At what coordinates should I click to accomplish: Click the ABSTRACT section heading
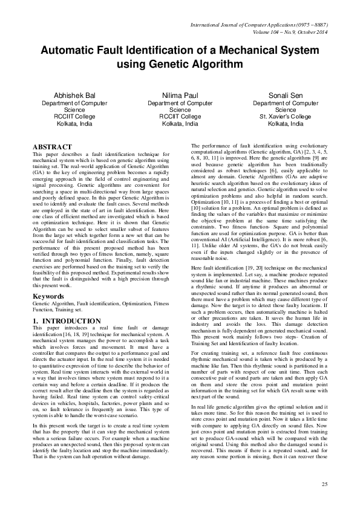coord(51,146)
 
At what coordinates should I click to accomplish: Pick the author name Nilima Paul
coord(180,96)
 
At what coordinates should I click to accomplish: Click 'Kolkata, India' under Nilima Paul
coord(180,123)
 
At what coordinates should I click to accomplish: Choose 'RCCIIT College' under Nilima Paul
coord(180,116)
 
